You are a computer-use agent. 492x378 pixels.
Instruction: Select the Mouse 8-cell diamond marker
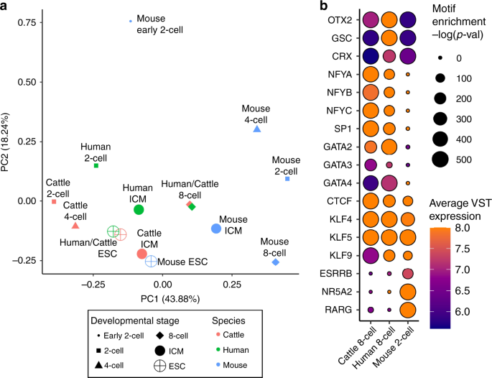[x=276, y=262]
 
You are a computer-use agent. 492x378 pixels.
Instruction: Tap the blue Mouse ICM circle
[x=216, y=229]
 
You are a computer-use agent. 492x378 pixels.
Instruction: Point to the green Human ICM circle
[x=139, y=210]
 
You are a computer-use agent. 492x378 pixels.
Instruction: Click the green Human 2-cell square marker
[x=96, y=166]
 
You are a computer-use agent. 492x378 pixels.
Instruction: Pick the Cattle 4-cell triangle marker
[x=75, y=226]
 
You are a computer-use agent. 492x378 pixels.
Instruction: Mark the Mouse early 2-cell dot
[x=130, y=22]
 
